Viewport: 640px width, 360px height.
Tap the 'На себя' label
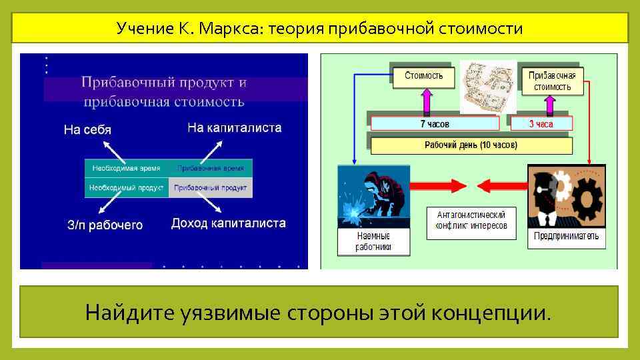point(87,129)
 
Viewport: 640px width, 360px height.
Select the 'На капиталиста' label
point(235,127)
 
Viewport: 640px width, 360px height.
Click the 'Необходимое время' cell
point(127,169)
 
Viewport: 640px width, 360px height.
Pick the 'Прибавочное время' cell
point(211,169)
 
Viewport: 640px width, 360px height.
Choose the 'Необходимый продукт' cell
point(127,188)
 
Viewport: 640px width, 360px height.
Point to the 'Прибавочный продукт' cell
point(211,188)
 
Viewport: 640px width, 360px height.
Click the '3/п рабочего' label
point(105,225)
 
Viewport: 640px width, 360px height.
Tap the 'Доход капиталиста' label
point(229,223)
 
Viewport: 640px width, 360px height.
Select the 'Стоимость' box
point(423,75)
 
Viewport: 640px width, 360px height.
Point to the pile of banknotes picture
point(489,87)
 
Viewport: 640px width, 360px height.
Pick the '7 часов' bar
point(435,123)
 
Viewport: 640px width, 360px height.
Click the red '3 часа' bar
point(541,123)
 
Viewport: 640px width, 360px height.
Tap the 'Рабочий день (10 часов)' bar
point(471,144)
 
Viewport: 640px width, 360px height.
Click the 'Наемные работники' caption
point(373,241)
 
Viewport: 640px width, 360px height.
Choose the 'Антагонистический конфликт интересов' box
point(471,221)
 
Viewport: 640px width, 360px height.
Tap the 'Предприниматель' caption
point(566,236)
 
